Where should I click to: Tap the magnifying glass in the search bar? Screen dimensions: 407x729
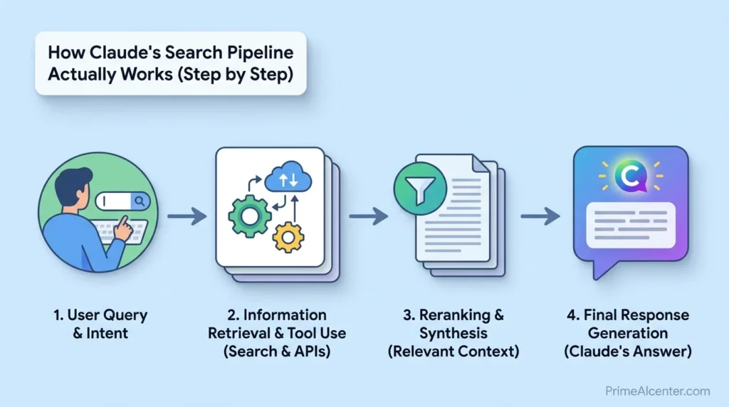click(139, 202)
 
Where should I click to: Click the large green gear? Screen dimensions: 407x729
click(250, 214)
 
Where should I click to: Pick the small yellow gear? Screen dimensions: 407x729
click(288, 237)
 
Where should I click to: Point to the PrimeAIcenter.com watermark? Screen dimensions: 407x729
click(657, 391)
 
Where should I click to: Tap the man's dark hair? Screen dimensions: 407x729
click(73, 179)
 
